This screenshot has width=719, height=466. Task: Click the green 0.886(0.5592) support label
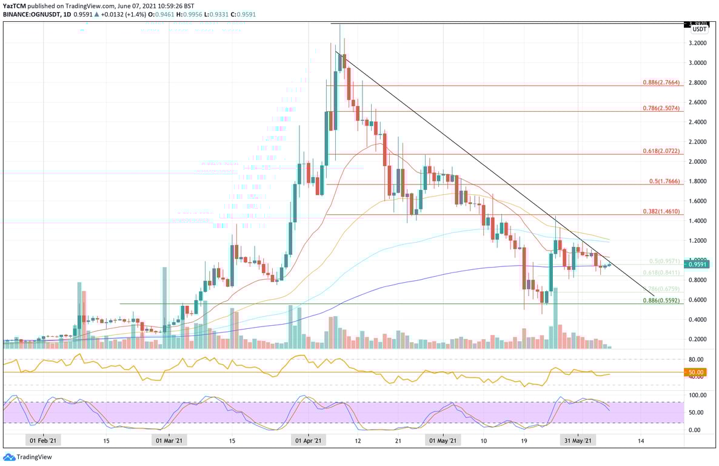[x=661, y=300]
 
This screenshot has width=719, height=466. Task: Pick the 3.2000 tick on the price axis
[x=697, y=43]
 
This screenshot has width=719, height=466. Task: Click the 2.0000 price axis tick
[x=697, y=161]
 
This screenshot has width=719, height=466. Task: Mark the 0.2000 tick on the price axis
[x=697, y=339]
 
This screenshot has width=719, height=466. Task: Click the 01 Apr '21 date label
[x=308, y=442]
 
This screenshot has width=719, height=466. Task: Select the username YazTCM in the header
[x=15, y=5]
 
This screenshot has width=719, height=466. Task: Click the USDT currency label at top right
[x=700, y=29]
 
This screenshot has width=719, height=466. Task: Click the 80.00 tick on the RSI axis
[x=696, y=359]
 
